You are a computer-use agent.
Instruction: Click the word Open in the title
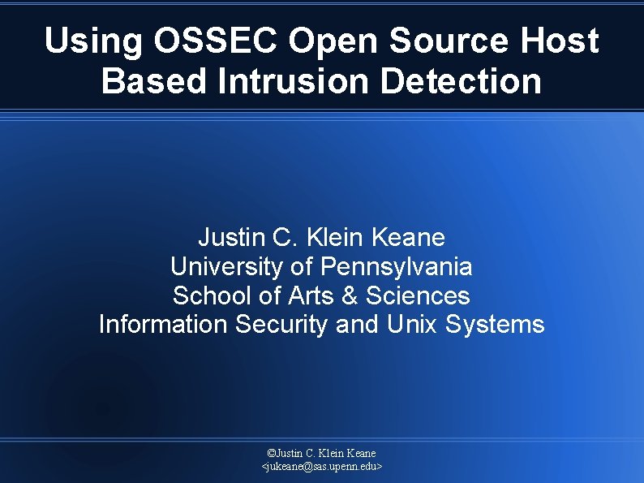[329, 41]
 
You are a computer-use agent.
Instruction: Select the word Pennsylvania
[397, 266]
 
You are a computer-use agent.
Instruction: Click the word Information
[163, 325]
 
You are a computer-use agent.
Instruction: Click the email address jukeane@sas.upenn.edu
[322, 468]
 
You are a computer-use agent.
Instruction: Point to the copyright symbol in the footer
[271, 453]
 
